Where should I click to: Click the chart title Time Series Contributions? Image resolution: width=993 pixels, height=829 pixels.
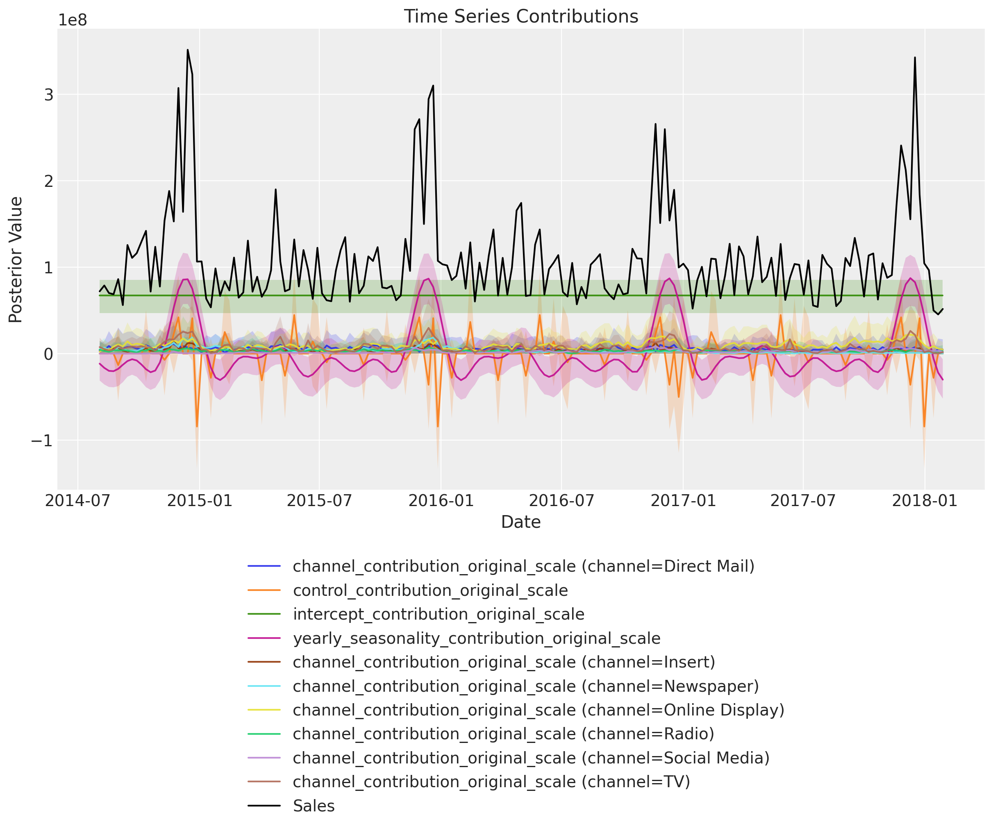pyautogui.click(x=520, y=16)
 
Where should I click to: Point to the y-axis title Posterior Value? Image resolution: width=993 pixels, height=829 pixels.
pyautogui.click(x=16, y=260)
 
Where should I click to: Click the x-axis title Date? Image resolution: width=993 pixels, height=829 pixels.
pyautogui.click(x=520, y=522)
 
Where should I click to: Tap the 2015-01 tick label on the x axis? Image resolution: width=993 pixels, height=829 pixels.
pyautogui.click(x=200, y=501)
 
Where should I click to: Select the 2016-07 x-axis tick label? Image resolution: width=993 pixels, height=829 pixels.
pyautogui.click(x=561, y=501)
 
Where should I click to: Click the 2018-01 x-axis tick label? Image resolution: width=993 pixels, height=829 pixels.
pyautogui.click(x=925, y=501)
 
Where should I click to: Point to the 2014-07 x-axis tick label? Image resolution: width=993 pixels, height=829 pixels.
pyautogui.click(x=78, y=501)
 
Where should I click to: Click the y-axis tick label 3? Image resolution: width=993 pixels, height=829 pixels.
pyautogui.click(x=48, y=95)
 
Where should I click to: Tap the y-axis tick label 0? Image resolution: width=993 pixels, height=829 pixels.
pyautogui.click(x=48, y=354)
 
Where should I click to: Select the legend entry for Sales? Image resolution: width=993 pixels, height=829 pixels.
pyautogui.click(x=314, y=806)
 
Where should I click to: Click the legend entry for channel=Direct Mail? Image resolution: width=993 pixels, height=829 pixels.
pyautogui.click(x=523, y=566)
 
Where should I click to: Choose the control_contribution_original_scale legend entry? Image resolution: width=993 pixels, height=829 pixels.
pyautogui.click(x=430, y=590)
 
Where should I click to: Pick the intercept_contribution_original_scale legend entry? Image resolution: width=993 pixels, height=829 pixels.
pyautogui.click(x=439, y=614)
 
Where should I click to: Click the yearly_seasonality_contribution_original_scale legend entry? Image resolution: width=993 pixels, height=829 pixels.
pyautogui.click(x=476, y=638)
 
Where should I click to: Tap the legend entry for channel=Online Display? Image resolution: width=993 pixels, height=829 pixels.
pyautogui.click(x=539, y=710)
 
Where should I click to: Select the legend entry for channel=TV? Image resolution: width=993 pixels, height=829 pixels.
pyautogui.click(x=491, y=782)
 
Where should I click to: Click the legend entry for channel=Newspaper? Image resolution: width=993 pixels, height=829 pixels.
pyautogui.click(x=526, y=686)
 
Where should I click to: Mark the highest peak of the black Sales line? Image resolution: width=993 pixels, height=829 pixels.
pyautogui.click(x=187, y=50)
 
